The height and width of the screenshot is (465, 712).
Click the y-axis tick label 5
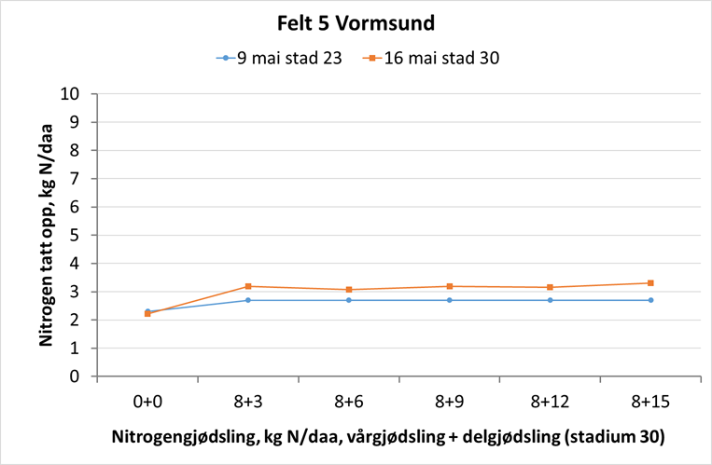coord(84,236)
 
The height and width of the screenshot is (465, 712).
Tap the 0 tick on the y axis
coord(84,377)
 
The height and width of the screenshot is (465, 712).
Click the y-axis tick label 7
coord(84,179)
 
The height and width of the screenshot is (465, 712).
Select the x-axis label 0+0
coord(147,403)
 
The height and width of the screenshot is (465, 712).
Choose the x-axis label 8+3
coord(248,403)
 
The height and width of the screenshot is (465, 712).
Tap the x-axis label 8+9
coord(450,403)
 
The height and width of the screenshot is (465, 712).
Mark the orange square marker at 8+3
coord(248,286)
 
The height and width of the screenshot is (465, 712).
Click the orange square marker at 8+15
coord(651,283)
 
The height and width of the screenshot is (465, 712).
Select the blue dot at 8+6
coord(349,300)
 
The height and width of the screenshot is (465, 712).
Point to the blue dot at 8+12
coord(551,300)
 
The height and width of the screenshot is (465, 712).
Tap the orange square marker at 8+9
coord(450,286)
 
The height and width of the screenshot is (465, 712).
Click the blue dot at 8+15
coord(651,300)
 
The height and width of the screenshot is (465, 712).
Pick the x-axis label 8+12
coord(551,403)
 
